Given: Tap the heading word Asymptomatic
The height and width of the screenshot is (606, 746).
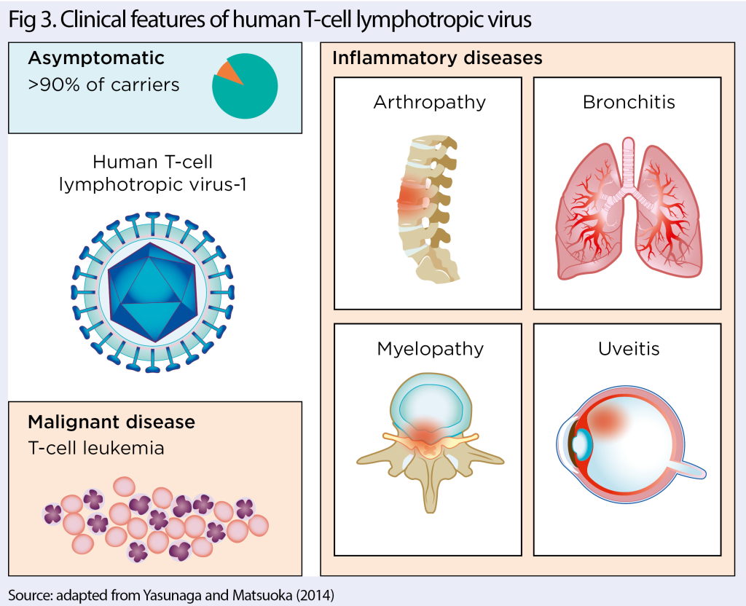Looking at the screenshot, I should (x=95, y=58).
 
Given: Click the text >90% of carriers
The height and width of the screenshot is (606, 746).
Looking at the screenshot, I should (x=103, y=85).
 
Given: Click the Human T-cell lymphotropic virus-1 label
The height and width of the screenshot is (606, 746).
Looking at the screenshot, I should (x=153, y=173).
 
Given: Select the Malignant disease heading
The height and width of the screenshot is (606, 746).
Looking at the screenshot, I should (x=111, y=422).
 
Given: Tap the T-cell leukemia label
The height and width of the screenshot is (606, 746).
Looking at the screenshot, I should (x=95, y=448).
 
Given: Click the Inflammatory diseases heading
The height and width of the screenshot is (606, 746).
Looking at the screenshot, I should (x=437, y=58).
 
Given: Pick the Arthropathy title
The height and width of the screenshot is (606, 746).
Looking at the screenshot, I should (x=429, y=102).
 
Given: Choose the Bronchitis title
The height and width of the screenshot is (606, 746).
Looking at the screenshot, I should (x=629, y=102).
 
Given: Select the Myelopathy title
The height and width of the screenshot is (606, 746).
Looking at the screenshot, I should (x=430, y=349).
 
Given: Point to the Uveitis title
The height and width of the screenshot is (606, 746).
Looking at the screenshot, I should (x=628, y=349).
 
